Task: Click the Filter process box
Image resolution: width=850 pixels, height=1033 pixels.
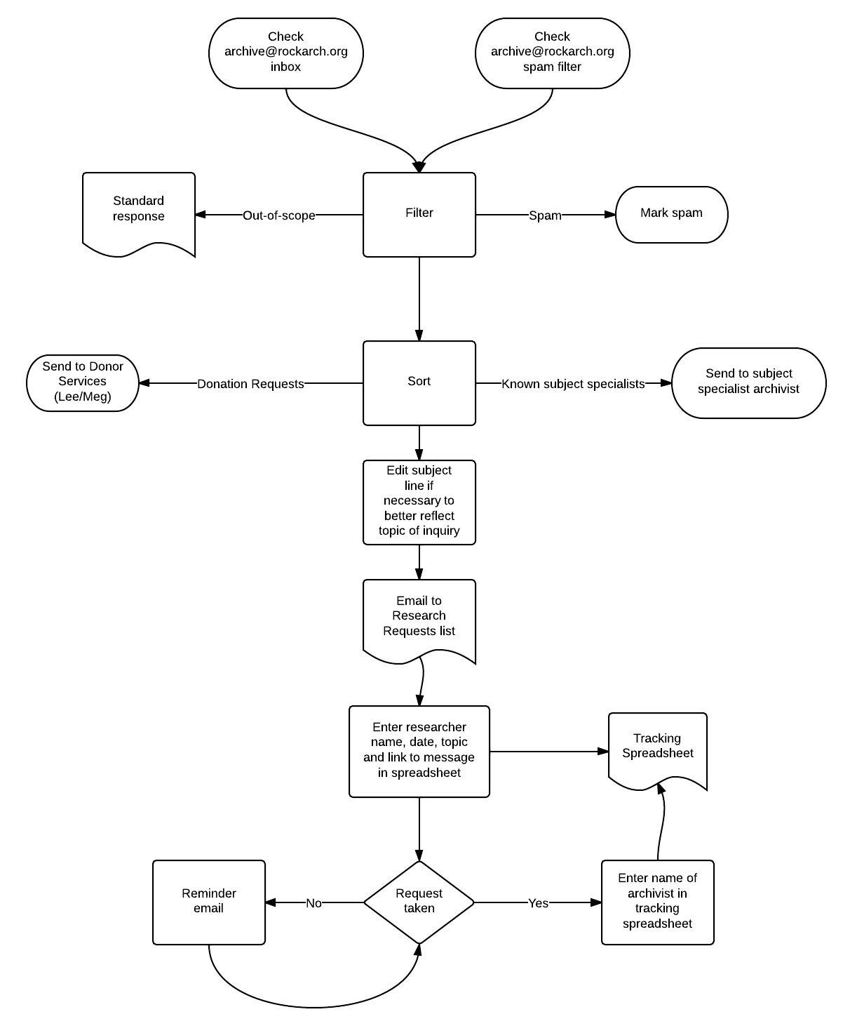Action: pyautogui.click(x=419, y=215)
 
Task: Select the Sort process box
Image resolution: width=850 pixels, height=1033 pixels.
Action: pyautogui.click(x=419, y=383)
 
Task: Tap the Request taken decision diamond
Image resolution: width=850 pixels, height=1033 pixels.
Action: pyautogui.click(x=419, y=902)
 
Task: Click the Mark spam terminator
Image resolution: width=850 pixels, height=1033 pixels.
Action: pyautogui.click(x=671, y=215)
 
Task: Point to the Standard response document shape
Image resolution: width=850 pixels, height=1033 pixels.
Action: pyautogui.click(x=139, y=213)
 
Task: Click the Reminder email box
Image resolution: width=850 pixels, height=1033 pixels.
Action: pyautogui.click(x=209, y=902)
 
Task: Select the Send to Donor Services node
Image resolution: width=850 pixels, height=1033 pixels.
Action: pyautogui.click(x=83, y=383)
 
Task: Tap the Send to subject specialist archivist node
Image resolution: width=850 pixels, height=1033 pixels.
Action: pyautogui.click(x=748, y=383)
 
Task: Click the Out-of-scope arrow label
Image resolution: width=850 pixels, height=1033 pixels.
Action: pyautogui.click(x=279, y=215)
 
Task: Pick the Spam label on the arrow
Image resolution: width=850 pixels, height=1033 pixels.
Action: pyautogui.click(x=545, y=215)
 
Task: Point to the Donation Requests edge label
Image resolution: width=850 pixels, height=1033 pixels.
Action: pyautogui.click(x=250, y=384)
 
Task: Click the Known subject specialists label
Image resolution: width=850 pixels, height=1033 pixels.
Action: pyautogui.click(x=573, y=384)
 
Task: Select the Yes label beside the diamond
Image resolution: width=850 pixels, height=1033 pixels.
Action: pyautogui.click(x=538, y=903)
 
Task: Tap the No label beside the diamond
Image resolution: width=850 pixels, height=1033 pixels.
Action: pyautogui.click(x=314, y=903)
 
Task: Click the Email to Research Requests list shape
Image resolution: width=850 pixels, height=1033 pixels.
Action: pyautogui.click(x=419, y=620)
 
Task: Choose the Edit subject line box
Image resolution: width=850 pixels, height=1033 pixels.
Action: pyautogui.click(x=419, y=502)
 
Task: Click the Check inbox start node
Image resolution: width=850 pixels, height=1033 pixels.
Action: pyautogui.click(x=286, y=53)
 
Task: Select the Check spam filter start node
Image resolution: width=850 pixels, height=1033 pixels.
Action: pyautogui.click(x=553, y=53)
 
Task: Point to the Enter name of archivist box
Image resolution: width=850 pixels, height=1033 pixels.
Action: pyautogui.click(x=658, y=902)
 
